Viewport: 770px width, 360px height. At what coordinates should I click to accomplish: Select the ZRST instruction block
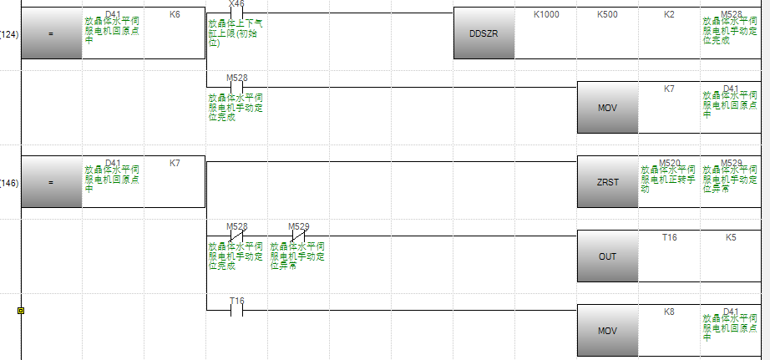click(x=607, y=182)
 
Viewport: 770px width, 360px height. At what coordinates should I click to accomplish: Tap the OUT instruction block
click(x=607, y=256)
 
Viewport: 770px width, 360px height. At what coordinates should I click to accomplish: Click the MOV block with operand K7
click(x=607, y=109)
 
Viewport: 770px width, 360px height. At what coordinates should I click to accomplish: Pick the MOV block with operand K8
click(x=607, y=331)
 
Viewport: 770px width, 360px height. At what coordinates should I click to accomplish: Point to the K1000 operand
click(x=546, y=15)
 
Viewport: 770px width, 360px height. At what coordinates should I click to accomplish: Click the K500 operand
click(x=608, y=15)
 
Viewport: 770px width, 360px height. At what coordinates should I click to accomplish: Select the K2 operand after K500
click(x=669, y=15)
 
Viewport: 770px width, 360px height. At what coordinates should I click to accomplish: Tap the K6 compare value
click(x=175, y=15)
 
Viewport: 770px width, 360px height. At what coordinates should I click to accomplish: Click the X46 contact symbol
click(x=236, y=13)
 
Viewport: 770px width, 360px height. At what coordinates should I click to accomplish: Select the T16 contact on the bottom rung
click(x=236, y=309)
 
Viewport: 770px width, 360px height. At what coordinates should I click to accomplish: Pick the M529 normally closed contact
click(x=298, y=236)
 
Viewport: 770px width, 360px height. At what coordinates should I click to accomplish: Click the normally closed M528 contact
click(x=236, y=236)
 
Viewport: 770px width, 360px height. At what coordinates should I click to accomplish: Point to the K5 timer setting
click(x=731, y=237)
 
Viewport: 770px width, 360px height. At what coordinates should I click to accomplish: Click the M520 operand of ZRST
click(x=669, y=163)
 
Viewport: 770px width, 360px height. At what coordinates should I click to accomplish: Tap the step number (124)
click(x=9, y=34)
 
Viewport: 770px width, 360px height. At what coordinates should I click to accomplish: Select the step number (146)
click(x=9, y=182)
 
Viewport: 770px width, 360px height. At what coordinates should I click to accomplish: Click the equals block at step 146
click(x=51, y=182)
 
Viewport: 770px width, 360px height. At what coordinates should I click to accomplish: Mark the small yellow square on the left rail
click(x=21, y=310)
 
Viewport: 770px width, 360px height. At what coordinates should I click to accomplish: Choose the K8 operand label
click(x=669, y=312)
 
